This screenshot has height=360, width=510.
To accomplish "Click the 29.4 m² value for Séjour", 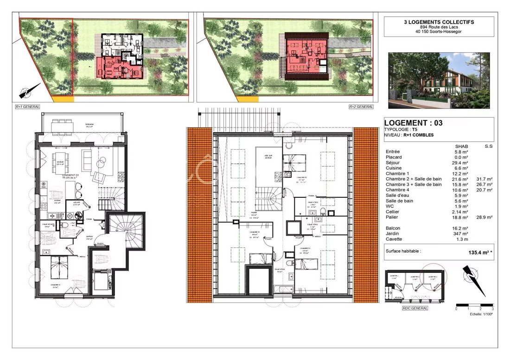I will (x=460, y=163).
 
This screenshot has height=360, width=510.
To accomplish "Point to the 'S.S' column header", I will (x=488, y=146).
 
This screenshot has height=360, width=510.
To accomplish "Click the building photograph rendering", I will (x=439, y=80).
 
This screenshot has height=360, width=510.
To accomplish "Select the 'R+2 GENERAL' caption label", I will (x=361, y=107).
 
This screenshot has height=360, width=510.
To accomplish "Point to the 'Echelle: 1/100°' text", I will (x=481, y=314).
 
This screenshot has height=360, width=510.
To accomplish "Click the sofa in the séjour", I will (x=88, y=159).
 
